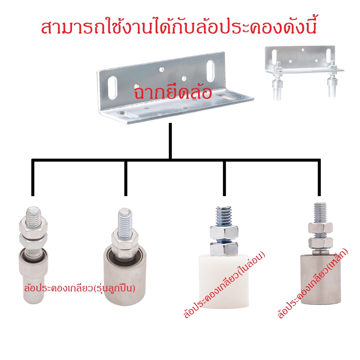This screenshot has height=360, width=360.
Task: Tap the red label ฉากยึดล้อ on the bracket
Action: [x=172, y=93]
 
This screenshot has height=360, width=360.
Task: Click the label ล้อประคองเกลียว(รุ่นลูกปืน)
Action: [x=79, y=288]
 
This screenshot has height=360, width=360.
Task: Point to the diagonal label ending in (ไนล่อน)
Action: [x=224, y=285]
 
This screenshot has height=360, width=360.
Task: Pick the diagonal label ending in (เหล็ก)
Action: [x=313, y=284]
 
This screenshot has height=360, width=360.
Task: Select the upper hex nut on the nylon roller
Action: [x=224, y=232]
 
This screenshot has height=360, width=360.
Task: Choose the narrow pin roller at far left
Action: [x=33, y=255]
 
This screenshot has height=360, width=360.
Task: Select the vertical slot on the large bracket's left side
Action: [x=112, y=87]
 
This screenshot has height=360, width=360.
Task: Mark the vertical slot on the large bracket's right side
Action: [x=210, y=71]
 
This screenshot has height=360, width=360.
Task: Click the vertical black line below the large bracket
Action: [x=170, y=141]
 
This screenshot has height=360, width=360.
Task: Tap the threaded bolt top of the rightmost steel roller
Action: [x=320, y=212]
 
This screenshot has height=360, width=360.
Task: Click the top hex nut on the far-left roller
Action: [x=33, y=225]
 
